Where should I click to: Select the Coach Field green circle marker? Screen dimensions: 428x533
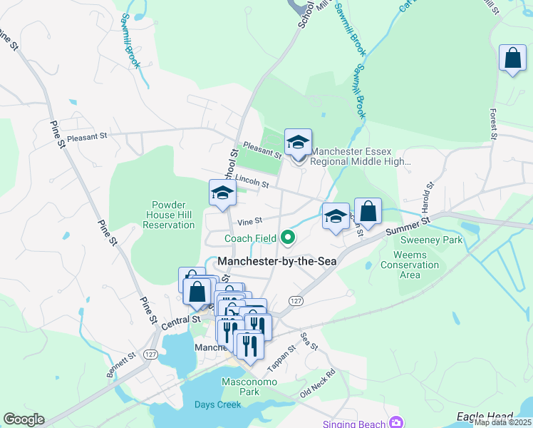pyautogui.click(x=288, y=236)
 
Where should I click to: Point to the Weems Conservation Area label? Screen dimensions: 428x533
pyautogui.click(x=419, y=265)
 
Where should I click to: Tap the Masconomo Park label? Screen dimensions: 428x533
pyautogui.click(x=239, y=387)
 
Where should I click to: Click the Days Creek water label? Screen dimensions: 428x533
pyautogui.click(x=217, y=404)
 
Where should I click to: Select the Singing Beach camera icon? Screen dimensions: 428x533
pyautogui.click(x=395, y=421)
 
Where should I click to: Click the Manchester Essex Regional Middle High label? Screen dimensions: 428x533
pyautogui.click(x=361, y=156)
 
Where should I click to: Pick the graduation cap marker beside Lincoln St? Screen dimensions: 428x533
pyautogui.click(x=222, y=193)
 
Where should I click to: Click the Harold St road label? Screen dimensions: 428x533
pyautogui.click(x=428, y=195)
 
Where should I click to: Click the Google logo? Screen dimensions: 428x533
pyautogui.click(x=24, y=419)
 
